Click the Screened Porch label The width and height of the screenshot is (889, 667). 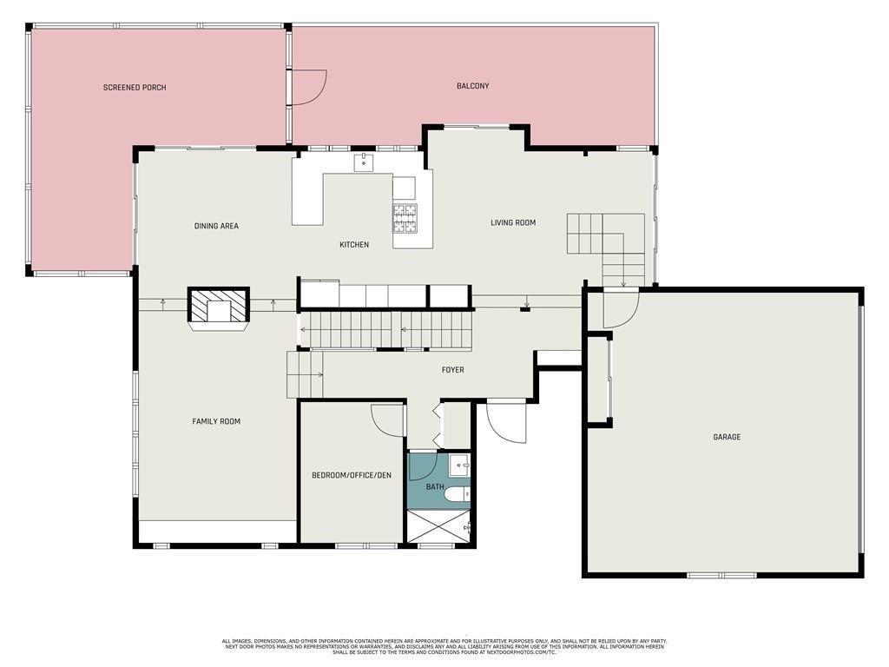point(135,88)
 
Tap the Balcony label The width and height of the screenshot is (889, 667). point(473,86)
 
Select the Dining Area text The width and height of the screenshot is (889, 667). point(216,226)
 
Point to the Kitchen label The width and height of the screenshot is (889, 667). point(354,245)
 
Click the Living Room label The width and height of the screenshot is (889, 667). point(513,222)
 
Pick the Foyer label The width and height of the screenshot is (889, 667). point(452,370)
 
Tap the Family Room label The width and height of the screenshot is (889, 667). point(216,421)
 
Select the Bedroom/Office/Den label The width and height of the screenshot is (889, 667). point(352,475)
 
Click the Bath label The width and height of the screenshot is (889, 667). point(435,487)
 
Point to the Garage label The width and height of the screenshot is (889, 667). point(727,437)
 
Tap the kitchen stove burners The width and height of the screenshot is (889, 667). point(405,217)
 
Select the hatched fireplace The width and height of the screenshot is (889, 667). point(219,307)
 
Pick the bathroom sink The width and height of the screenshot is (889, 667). point(460,464)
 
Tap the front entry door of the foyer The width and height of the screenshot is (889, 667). point(506,421)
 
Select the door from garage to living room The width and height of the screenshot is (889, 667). point(621,309)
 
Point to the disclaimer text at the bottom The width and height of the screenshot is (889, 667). point(444,646)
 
